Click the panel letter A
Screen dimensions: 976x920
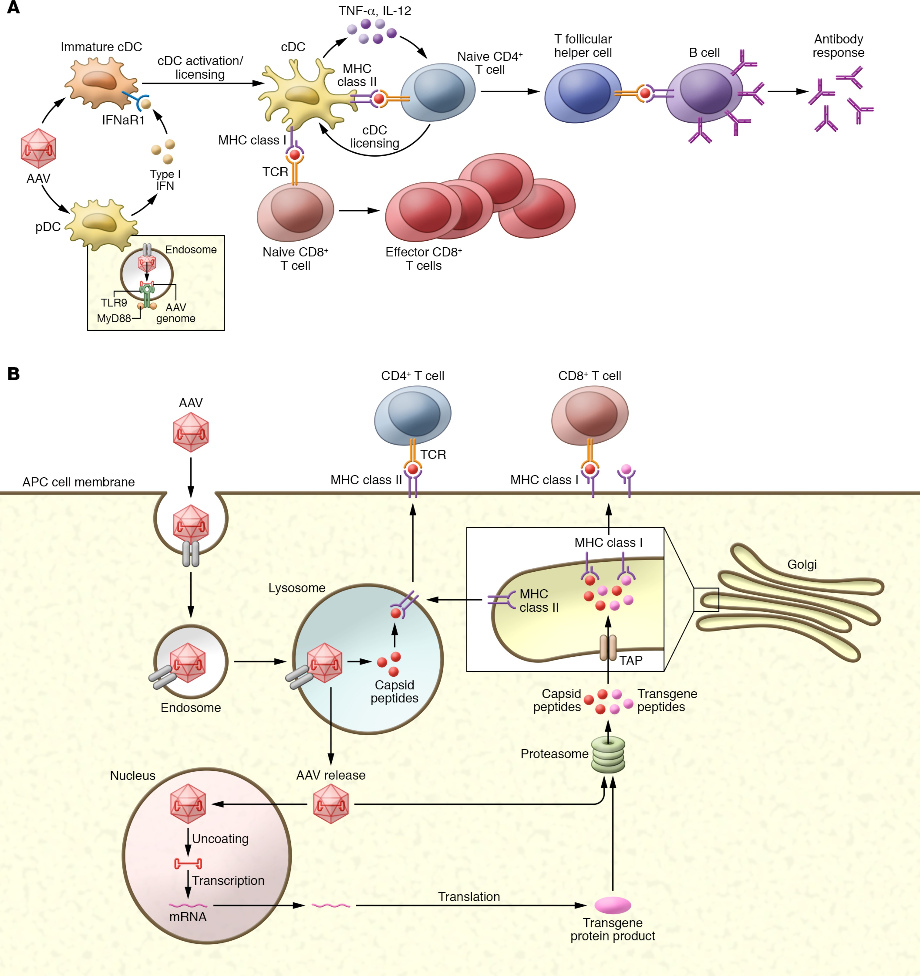(13, 8)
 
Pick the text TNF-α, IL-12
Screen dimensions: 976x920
(375, 11)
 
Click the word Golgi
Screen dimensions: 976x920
(802, 565)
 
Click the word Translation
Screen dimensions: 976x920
(469, 897)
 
